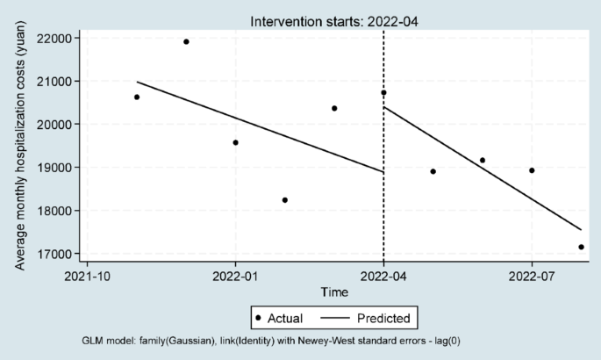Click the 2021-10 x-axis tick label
pos(87,276)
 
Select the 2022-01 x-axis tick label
pos(235,276)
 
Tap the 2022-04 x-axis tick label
pos(383,276)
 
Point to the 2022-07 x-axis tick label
pos(532,276)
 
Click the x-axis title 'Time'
pos(333,292)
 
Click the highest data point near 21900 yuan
pos(186,41)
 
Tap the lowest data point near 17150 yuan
pos(581,247)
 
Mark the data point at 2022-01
pos(235,142)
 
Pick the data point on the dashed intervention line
pos(383,92)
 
